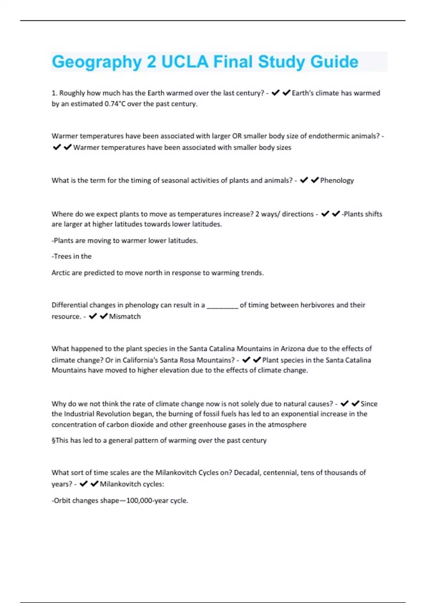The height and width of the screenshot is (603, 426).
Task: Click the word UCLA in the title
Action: [x=185, y=62]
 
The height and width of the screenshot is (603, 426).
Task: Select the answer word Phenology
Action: [x=337, y=181]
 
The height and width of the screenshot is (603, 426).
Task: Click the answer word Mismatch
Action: [x=125, y=316]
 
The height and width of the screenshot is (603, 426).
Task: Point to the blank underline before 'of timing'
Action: [x=222, y=306]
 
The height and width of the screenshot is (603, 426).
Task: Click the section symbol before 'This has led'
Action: [x=53, y=441]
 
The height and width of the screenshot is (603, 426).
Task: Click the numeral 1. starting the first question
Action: [x=54, y=93]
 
